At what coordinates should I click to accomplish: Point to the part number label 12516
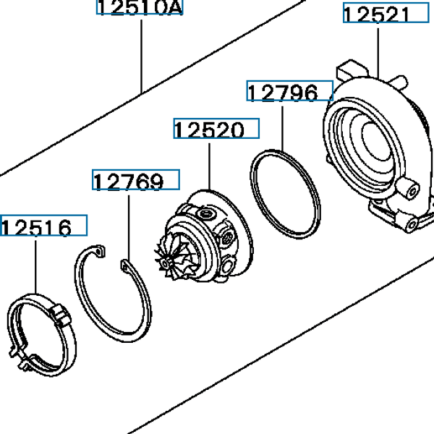[x=43, y=227]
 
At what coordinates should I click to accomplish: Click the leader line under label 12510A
[x=141, y=51]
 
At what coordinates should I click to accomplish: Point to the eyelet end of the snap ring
[x=125, y=268]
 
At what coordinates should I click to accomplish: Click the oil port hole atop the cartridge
[x=210, y=215]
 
